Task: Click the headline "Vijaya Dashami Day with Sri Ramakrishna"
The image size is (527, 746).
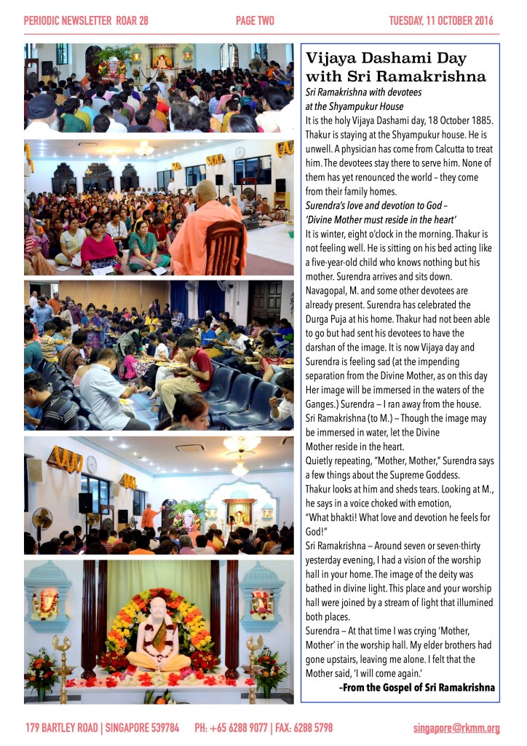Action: [x=396, y=67]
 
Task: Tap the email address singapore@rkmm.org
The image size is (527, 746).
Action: [x=456, y=728]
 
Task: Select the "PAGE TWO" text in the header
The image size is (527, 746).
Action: [x=255, y=20]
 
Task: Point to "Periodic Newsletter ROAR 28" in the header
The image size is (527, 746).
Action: [x=86, y=20]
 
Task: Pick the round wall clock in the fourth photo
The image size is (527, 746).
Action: [x=92, y=464]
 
